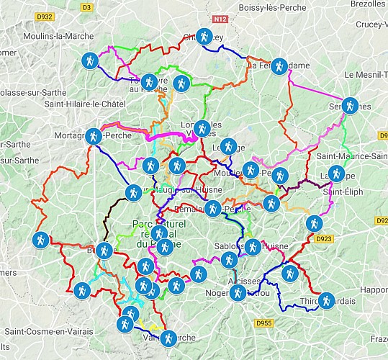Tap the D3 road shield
[87, 7]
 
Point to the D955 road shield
[264, 324]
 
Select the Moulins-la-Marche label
[51, 35]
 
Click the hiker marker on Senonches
[349, 105]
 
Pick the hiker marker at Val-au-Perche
[168, 337]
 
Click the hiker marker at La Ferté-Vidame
[279, 65]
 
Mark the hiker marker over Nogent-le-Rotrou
[237, 292]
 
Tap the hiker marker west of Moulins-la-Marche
[89, 60]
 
